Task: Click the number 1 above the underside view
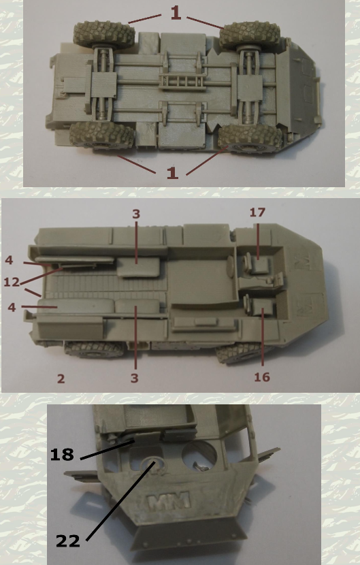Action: (x=176, y=13)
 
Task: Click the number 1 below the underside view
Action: (x=173, y=173)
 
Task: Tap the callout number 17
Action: (x=257, y=212)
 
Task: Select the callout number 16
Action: (x=262, y=377)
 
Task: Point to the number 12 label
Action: (x=12, y=282)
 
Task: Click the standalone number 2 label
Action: (x=61, y=378)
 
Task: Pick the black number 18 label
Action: (x=62, y=454)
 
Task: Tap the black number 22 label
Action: (x=68, y=540)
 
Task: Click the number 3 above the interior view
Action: (x=135, y=214)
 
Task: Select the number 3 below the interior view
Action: (x=135, y=378)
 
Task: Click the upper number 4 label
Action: (x=9, y=260)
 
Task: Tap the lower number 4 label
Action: (x=12, y=308)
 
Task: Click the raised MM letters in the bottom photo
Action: (x=169, y=501)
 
